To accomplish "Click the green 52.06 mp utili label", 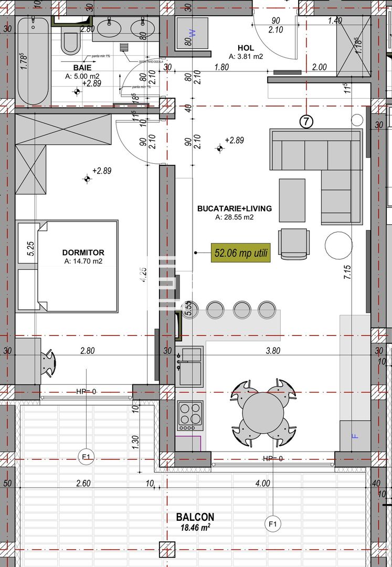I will click(240, 253).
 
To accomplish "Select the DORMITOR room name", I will click(83, 253).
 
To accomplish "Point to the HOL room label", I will click(246, 47).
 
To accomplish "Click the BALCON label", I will click(195, 517).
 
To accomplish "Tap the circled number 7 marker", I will click(306, 122).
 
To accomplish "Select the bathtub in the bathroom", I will click(33, 60).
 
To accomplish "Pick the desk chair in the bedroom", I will click(48, 363).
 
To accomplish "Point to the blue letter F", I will click(354, 435).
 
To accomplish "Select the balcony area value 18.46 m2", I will click(195, 528).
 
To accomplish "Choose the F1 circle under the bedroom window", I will click(86, 457).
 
